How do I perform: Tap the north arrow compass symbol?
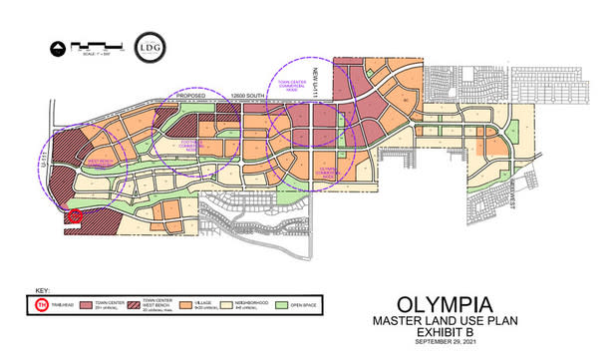pyautogui.click(x=59, y=46)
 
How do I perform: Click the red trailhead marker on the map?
pyautogui.click(x=73, y=214)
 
